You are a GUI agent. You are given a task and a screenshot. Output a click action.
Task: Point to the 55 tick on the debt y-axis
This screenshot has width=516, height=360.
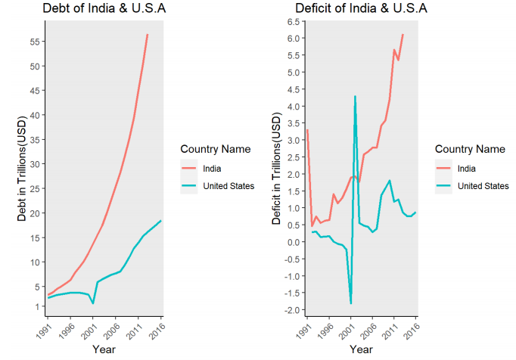coord(35,41)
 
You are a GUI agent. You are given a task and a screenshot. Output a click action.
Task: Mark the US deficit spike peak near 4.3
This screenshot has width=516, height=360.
coord(355,97)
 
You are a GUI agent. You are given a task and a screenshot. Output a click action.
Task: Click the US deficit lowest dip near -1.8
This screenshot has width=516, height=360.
coord(350,303)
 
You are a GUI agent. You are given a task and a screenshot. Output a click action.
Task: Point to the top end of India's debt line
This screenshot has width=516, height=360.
coord(148,35)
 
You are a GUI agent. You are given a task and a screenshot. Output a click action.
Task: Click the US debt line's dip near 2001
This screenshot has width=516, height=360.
coord(93,303)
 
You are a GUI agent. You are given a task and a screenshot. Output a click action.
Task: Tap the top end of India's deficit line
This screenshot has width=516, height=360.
coord(403,35)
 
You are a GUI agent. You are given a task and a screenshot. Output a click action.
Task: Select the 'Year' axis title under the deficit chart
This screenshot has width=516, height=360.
coord(361,349)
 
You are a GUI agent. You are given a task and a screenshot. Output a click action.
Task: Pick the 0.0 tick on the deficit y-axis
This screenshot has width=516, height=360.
coord(293,242)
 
